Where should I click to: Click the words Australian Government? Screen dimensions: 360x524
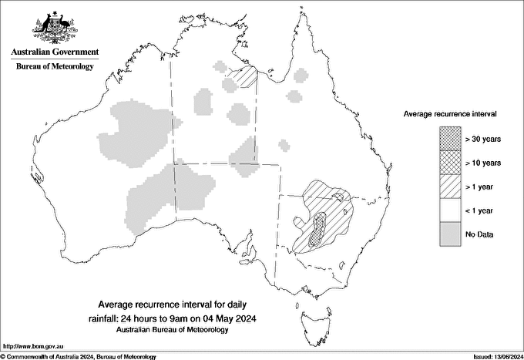[54, 52]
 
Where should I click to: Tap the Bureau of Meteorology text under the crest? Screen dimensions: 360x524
[54, 67]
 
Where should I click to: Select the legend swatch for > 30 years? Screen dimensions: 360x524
[450, 140]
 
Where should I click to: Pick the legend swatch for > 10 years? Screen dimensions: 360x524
[450, 163]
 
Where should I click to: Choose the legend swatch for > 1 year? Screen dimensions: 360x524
[450, 186]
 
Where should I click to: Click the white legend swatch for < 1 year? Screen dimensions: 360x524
[450, 210]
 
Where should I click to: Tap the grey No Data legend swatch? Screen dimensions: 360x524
[450, 233]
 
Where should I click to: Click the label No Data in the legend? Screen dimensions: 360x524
[479, 234]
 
